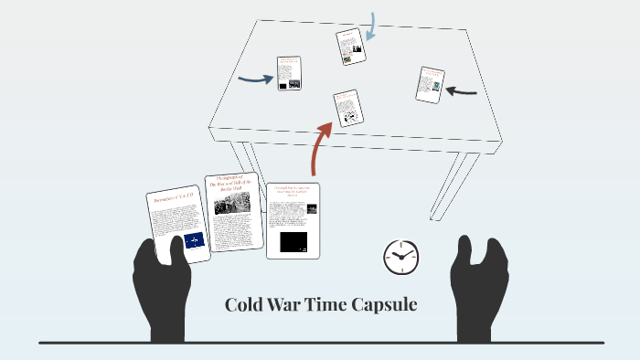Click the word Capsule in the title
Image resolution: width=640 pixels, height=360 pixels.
[382, 305]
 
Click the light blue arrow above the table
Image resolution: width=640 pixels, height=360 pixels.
[371, 27]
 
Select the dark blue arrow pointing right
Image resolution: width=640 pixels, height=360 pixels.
[255, 79]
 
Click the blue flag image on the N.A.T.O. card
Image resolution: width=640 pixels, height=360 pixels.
[195, 241]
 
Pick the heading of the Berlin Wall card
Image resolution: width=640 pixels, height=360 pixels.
[229, 183]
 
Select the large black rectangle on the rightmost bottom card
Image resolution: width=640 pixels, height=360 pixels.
[293, 242]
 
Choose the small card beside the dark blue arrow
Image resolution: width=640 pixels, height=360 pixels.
[290, 73]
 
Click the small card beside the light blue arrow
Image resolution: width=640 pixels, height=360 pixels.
[350, 47]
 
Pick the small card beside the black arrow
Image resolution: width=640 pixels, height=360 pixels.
[430, 84]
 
